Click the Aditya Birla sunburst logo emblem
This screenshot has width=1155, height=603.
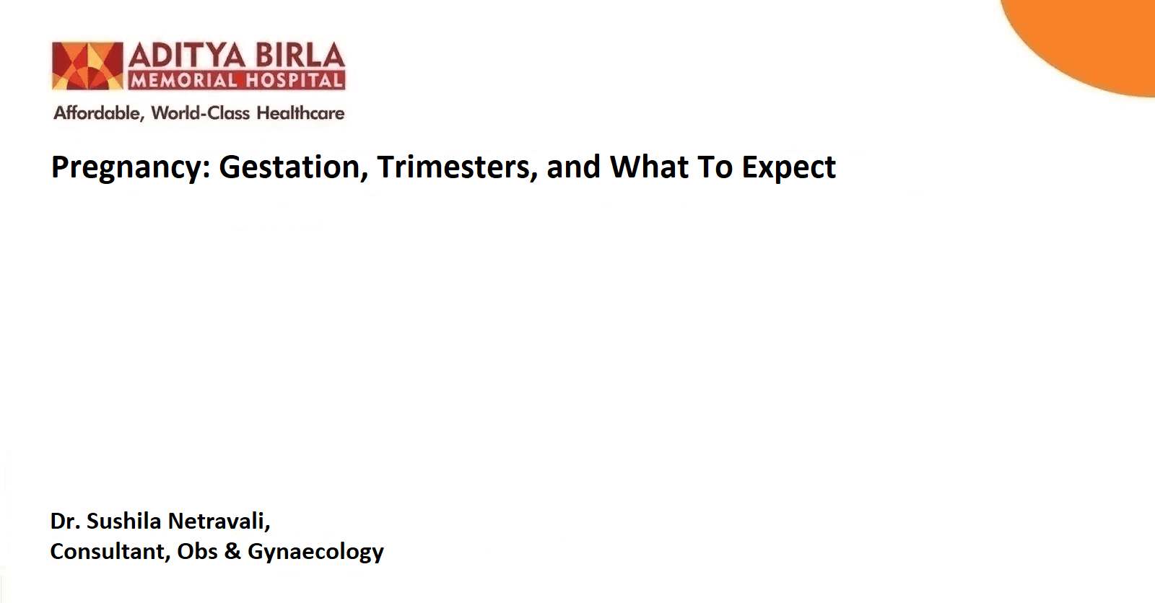pyautogui.click(x=87, y=66)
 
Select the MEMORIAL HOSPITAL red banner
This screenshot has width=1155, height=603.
pyautogui.click(x=237, y=80)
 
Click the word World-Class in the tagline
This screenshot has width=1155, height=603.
pyautogui.click(x=201, y=113)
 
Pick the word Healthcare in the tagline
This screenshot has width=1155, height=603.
pyautogui.click(x=300, y=113)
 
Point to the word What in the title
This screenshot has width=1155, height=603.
pyautogui.click(x=649, y=167)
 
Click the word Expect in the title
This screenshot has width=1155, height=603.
pyautogui.click(x=788, y=168)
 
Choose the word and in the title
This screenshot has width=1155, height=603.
pyautogui.click(x=573, y=167)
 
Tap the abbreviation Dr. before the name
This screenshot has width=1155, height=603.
pyautogui.click(x=64, y=521)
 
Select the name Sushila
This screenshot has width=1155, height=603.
pyautogui.click(x=123, y=521)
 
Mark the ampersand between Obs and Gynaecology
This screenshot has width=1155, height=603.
pyautogui.click(x=232, y=551)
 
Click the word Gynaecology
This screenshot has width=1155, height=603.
pyautogui.click(x=315, y=553)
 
